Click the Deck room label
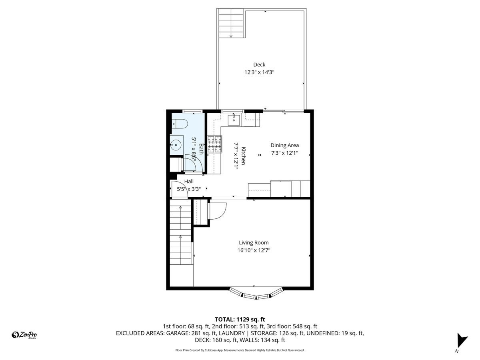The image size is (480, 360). pos(259,65)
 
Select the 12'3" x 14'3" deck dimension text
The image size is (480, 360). pos(259,72)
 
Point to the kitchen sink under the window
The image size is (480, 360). pos(234,120)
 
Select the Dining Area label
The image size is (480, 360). pos(284,145)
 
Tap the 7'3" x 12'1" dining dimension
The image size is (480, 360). pos(284,153)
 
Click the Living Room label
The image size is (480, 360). pos(254,242)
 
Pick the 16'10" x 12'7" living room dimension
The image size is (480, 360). pos(254,250)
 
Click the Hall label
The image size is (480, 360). pos(189,182)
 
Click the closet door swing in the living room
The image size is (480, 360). pos(218,210)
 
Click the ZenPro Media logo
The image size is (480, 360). pos(25,335)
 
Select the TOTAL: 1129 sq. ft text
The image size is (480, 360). pos(240,319)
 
